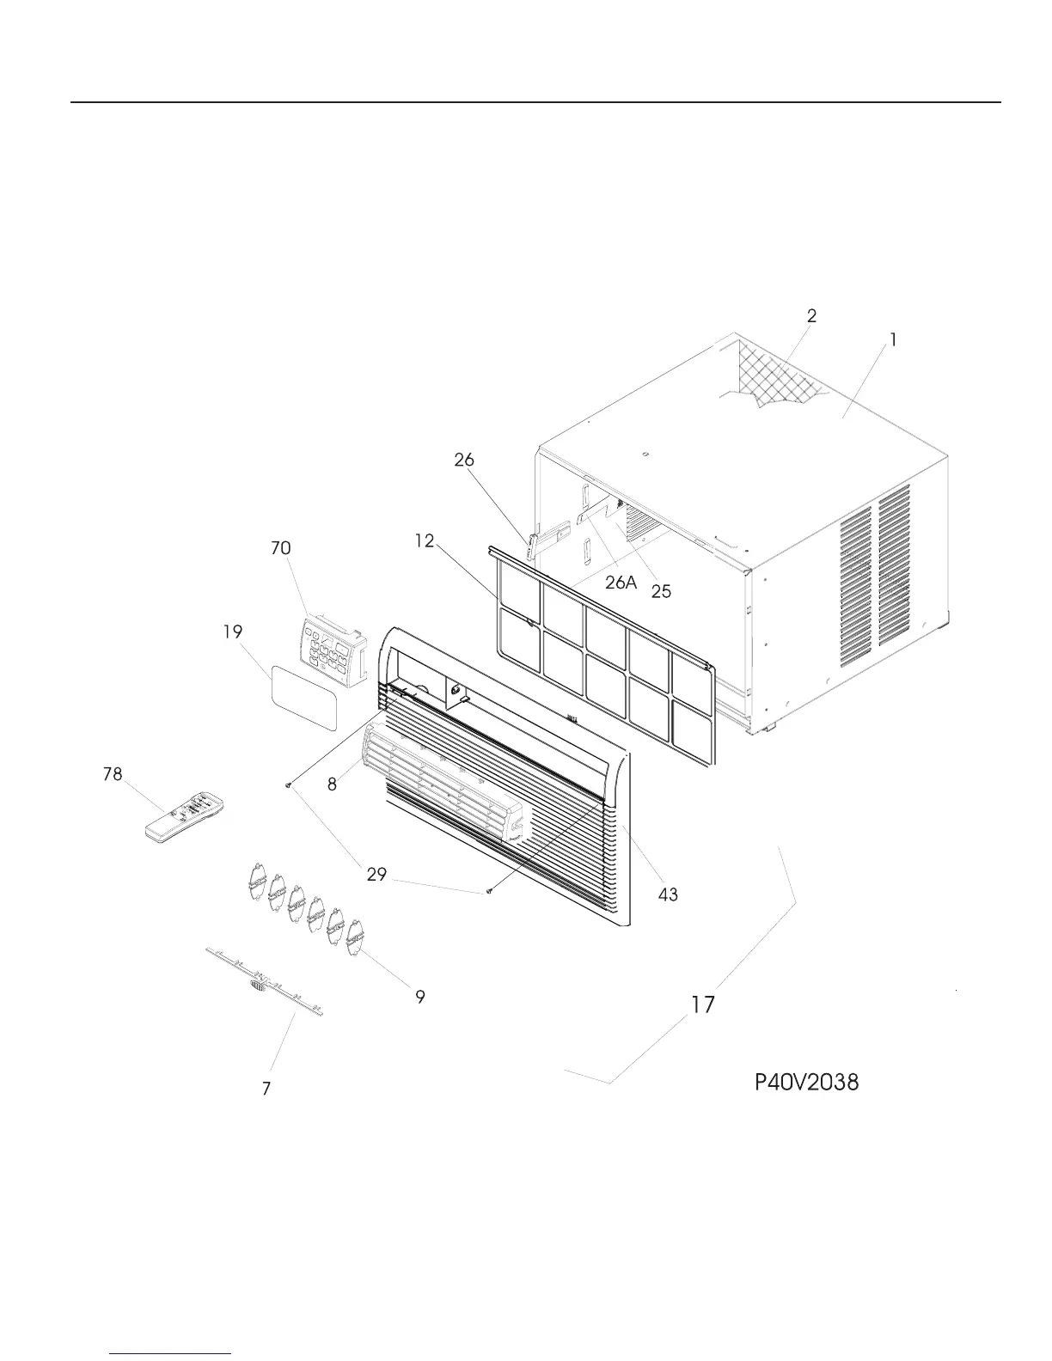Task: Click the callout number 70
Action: click(x=280, y=548)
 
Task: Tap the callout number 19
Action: click(x=232, y=632)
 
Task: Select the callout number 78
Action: click(x=113, y=774)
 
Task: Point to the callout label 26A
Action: click(x=621, y=583)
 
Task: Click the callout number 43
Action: click(x=668, y=894)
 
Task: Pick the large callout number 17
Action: click(x=703, y=1004)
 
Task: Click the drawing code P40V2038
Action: click(x=806, y=1082)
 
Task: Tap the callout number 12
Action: click(x=423, y=541)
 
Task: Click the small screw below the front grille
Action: click(x=490, y=891)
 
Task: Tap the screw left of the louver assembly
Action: click(x=290, y=784)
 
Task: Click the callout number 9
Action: click(x=420, y=997)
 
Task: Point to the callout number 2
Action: click(x=811, y=315)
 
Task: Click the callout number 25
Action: click(x=661, y=591)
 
